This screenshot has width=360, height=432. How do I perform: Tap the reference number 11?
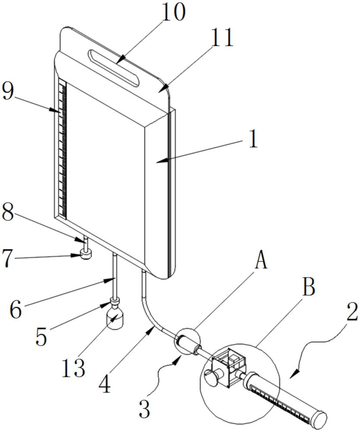point(221,38)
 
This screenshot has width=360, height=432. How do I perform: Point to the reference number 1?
point(253,139)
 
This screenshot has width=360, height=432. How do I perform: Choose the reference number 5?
point(41,337)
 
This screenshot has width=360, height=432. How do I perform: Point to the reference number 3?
point(144,409)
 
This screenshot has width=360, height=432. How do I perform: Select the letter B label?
point(309,287)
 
